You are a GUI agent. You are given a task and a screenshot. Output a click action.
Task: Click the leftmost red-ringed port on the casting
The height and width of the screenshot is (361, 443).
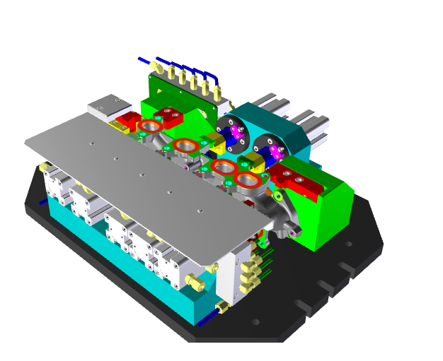pyautogui.click(x=150, y=127)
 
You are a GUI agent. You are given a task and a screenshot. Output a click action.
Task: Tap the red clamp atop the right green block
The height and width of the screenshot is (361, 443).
pyautogui.click(x=297, y=182)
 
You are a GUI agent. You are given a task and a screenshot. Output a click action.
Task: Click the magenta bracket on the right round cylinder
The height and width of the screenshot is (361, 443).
pyautogui.click(x=274, y=151)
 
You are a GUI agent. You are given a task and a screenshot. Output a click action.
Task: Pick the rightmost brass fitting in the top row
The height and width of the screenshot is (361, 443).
pyautogui.click(x=217, y=90)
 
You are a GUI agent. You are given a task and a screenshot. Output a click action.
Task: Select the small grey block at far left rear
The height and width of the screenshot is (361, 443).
pyautogui.click(x=107, y=105)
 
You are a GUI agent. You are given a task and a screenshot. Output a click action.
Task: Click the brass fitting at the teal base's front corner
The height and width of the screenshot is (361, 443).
pyautogui.click(x=221, y=307)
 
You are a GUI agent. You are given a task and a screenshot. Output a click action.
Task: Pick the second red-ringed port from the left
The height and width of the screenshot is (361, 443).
pyautogui.click(x=185, y=146)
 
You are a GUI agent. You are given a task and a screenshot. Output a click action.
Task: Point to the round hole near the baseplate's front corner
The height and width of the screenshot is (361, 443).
pyautogui.click(x=255, y=322)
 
